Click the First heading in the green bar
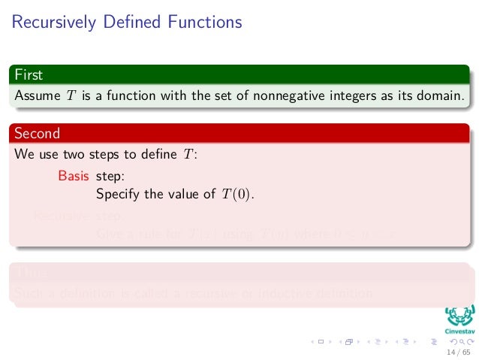click(29, 75)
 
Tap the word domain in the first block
click(441, 95)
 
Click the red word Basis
click(74, 177)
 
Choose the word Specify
click(119, 194)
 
